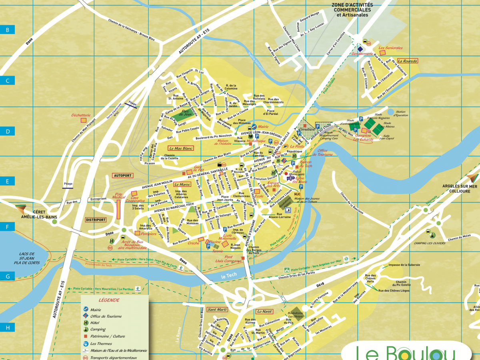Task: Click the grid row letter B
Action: pos(7,29)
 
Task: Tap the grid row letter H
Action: pos(7,328)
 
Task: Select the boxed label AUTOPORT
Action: pos(122,176)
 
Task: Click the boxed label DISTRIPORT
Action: pos(96,220)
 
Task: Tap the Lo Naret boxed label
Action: pos(264,311)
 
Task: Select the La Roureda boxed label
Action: pos(407,61)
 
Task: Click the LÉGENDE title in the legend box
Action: pos(114,300)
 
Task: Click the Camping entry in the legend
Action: pos(98,330)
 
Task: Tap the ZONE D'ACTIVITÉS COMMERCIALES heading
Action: pos(352,10)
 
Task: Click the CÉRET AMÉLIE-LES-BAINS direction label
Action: pos(39,214)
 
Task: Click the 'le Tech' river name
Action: pos(229,276)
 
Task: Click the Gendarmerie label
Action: pos(362,54)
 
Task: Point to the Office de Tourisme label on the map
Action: pos(322,153)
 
